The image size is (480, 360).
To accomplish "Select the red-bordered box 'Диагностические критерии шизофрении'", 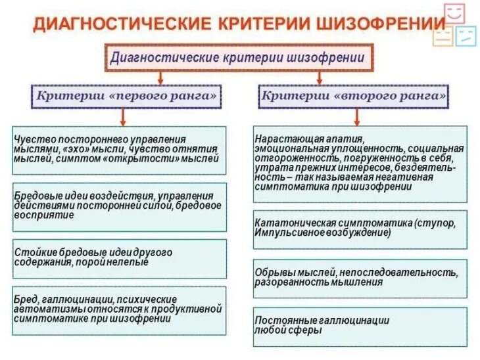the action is pyautogui.click(x=239, y=58).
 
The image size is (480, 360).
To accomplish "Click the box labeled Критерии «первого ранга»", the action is pyautogui.click(x=126, y=97).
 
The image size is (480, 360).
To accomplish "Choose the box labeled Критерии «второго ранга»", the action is pyautogui.click(x=354, y=97).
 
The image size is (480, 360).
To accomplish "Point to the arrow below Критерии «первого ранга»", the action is pyautogui.click(x=122, y=116).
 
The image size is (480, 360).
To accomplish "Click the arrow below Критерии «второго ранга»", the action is pyautogui.click(x=356, y=116).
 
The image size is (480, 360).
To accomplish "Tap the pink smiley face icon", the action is pyautogui.click(x=454, y=13).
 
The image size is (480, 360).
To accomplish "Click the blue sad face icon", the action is pyautogui.click(x=466, y=35).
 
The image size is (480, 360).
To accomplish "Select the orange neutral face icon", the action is pyautogui.click(x=443, y=35).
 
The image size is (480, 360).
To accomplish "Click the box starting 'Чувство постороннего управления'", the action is pyautogui.click(x=119, y=149).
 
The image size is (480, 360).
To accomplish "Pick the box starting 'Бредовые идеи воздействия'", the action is pyautogui.click(x=119, y=206).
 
